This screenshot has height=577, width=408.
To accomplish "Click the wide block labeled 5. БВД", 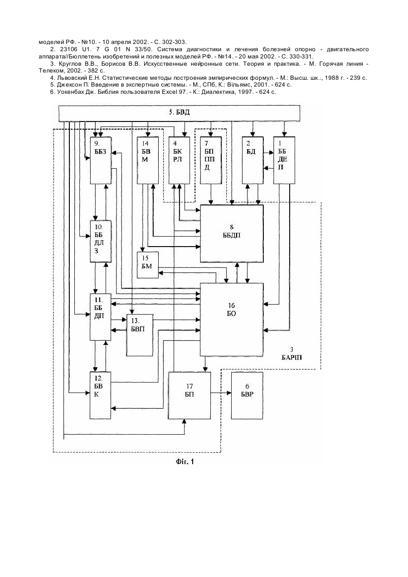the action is click(x=180, y=113).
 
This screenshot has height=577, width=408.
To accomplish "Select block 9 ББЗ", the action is click(x=101, y=160).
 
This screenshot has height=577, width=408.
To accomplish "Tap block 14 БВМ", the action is click(x=148, y=160).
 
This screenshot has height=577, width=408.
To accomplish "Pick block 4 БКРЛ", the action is click(x=179, y=160).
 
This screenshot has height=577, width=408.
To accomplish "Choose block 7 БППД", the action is click(x=211, y=160).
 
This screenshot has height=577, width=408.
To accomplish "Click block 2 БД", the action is click(x=253, y=160).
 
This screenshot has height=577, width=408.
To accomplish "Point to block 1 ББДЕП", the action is click(x=284, y=160).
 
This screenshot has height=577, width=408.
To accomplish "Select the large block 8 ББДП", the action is click(x=232, y=233).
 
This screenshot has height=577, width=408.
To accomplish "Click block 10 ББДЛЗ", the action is click(x=101, y=241).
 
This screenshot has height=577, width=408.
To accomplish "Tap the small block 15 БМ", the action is click(x=148, y=265).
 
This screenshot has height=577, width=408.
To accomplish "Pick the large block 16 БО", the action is click(x=232, y=320).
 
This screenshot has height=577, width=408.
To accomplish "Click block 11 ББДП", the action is click(x=101, y=317).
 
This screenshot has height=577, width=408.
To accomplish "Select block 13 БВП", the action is click(x=140, y=335).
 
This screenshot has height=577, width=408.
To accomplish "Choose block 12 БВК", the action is click(x=101, y=395).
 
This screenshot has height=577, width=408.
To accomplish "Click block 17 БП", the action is click(x=189, y=395).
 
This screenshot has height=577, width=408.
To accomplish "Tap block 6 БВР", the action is click(x=247, y=395).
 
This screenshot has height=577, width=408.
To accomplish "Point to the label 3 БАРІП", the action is click(x=291, y=354).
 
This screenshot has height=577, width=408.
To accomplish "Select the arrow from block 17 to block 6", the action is click(x=221, y=393).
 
